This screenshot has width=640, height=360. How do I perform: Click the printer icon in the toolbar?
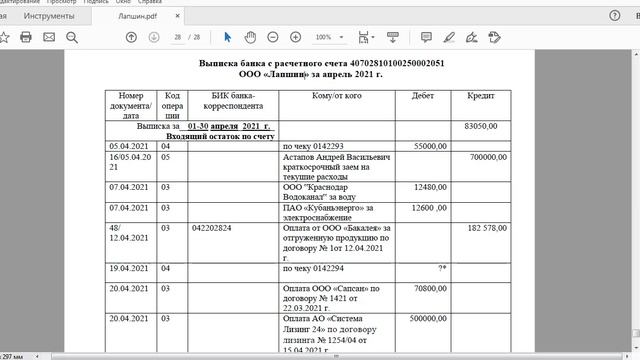click(26, 37)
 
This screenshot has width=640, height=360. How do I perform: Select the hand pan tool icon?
click(250, 37)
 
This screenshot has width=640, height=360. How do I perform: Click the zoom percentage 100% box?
click(325, 37)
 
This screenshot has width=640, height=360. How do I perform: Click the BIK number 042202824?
click(211, 228)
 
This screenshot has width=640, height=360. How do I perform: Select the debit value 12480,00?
click(429, 187)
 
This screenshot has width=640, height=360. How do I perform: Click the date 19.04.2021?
click(129, 269)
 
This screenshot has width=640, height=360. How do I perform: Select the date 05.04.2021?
click(129, 146)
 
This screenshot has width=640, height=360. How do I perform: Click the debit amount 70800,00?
click(429, 289)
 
